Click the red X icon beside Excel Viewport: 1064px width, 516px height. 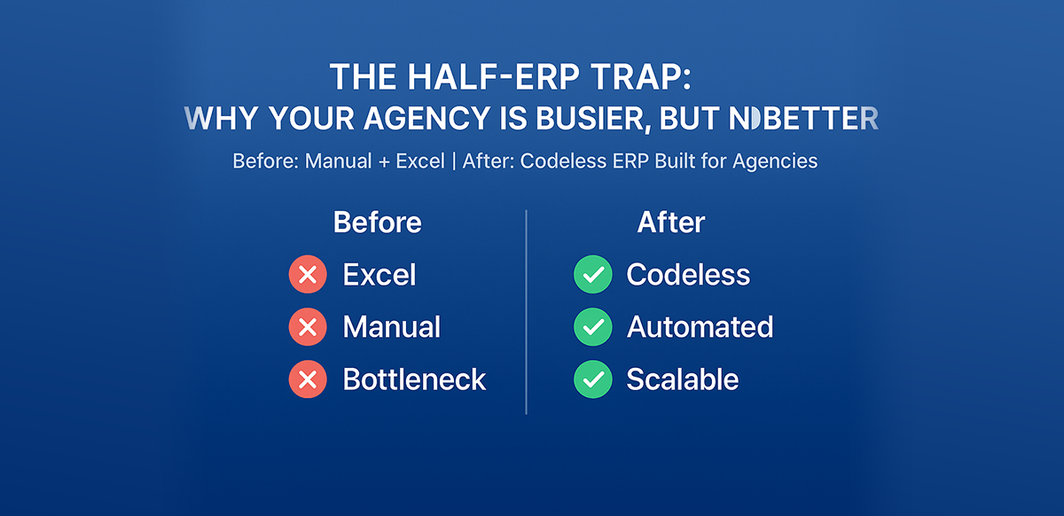coord(308,275)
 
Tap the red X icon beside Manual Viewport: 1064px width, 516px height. coord(308,327)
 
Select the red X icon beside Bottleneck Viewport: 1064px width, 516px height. coord(308,379)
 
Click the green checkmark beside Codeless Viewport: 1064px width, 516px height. coord(592,275)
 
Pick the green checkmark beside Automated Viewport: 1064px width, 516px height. coord(592,327)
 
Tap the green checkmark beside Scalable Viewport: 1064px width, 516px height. coord(592,379)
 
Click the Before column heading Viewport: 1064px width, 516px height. coord(377,223)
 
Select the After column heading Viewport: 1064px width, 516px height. coord(671,223)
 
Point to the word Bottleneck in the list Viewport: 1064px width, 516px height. coord(414,379)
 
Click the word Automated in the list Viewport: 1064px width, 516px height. coord(700,327)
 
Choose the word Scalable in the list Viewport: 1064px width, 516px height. coord(682,379)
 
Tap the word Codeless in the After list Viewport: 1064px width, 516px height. coord(688,275)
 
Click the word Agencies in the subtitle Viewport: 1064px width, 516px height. coord(774,162)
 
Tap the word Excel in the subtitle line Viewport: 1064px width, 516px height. coord(417,162)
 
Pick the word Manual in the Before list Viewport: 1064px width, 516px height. coord(391,327)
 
